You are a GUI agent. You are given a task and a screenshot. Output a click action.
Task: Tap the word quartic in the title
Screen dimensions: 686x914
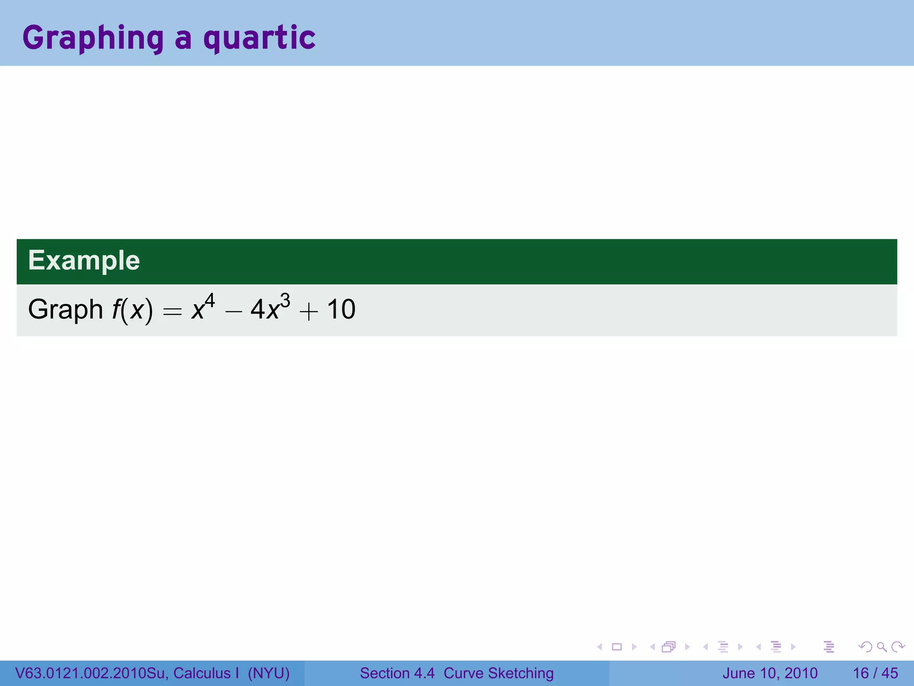point(259,38)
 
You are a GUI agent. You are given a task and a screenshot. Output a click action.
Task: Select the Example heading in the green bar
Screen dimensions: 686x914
point(84,260)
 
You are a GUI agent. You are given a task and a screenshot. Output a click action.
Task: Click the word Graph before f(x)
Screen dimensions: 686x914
point(66,309)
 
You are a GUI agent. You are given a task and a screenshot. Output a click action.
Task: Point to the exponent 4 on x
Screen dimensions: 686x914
point(210,301)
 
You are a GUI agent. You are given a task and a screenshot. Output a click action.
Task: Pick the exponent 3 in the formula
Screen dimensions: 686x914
point(285,301)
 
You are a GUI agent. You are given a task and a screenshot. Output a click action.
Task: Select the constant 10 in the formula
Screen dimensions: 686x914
point(341,309)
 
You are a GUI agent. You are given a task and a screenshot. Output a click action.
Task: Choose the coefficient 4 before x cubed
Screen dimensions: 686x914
point(258,309)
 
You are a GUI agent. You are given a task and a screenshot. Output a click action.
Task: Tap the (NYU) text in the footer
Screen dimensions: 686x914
point(269,673)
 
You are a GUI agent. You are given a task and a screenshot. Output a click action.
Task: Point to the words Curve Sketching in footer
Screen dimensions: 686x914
point(499,673)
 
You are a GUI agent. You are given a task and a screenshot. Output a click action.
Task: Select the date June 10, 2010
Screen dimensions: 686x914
point(770,673)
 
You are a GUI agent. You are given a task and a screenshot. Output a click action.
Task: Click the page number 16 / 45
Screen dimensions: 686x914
point(875,673)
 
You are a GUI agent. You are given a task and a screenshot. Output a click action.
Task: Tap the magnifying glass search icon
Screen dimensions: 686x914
point(881,647)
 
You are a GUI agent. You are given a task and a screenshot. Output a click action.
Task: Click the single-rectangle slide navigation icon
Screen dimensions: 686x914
point(617,647)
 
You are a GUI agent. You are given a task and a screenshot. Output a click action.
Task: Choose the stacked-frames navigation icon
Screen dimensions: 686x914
point(669,647)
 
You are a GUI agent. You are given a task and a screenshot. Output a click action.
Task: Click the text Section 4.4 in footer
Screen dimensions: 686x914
point(397,673)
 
